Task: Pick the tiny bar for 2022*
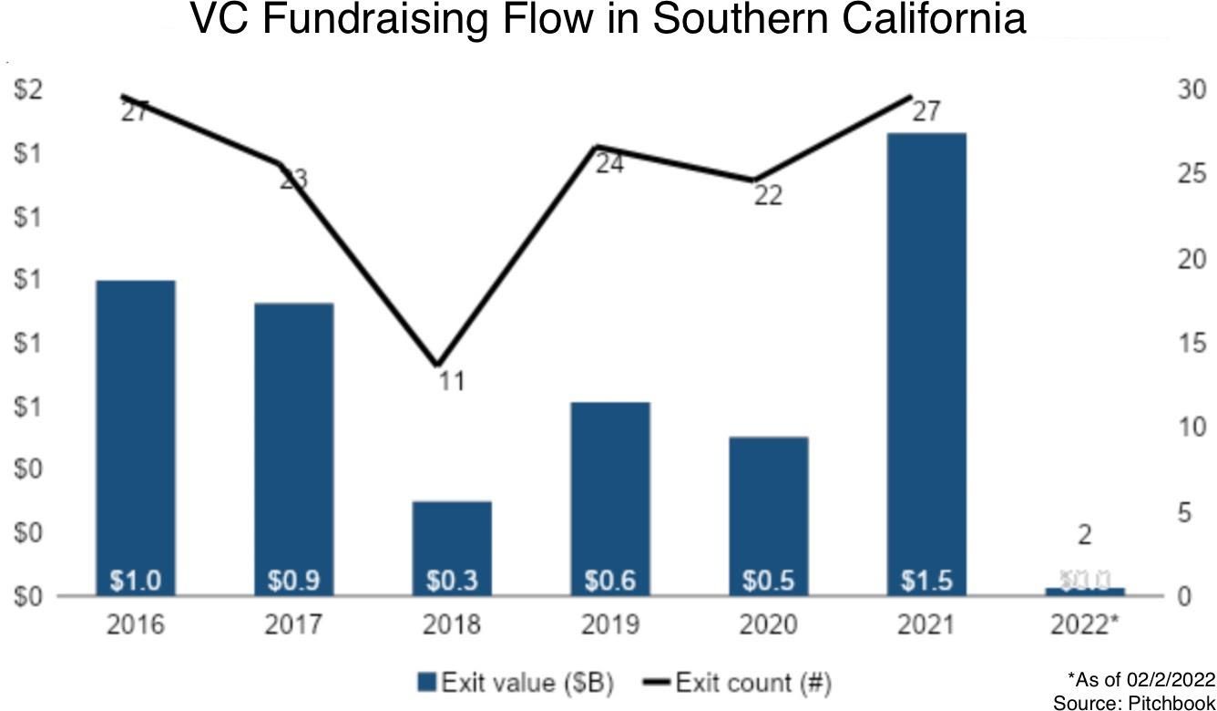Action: point(1084,592)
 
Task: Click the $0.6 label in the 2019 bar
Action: point(610,580)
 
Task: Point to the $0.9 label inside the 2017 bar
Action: point(293,580)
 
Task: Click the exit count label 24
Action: point(609,164)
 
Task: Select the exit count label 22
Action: point(768,195)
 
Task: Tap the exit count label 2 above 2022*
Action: point(1084,535)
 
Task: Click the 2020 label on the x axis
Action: point(768,625)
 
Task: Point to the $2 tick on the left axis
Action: point(27,90)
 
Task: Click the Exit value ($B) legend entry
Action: point(516,682)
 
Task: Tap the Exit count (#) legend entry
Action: point(740,682)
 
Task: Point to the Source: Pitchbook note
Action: point(1134,703)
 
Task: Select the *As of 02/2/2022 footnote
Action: point(1141,680)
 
